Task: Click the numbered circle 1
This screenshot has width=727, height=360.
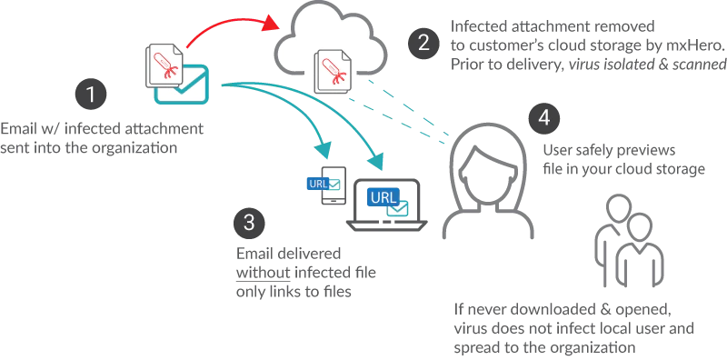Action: pos(91,95)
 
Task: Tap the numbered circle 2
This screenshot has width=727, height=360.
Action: pos(423,43)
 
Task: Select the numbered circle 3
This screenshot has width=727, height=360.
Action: pos(250,223)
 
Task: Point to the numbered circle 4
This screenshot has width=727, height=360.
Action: pos(544,119)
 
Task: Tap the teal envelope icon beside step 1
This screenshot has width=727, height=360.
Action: pos(182,85)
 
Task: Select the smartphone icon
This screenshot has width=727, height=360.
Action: pos(334,185)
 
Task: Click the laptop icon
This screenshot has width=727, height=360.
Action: pos(387,205)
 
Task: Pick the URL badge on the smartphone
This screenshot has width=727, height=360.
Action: pos(317,184)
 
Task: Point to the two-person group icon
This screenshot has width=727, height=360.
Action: pos(629,241)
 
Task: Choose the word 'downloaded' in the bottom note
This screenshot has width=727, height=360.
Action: pos(536,309)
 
